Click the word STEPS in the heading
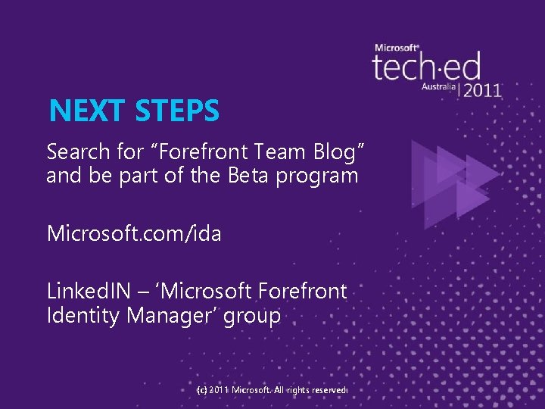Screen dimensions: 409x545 point(178,111)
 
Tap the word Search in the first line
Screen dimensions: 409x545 point(78,151)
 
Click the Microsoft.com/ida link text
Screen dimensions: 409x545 point(134,233)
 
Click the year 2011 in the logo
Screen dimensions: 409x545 point(482,89)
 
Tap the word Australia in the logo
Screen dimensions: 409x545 point(439,87)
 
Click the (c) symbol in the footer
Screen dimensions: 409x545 point(201,389)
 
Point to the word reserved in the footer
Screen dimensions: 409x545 point(325,389)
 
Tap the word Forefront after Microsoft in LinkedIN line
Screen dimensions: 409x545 point(302,291)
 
